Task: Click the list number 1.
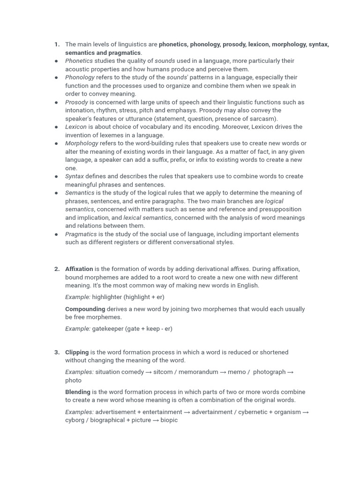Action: (57, 45)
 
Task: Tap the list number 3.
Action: (57, 352)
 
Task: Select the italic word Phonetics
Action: (79, 61)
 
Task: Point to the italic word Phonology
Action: (80, 77)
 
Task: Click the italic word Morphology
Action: (82, 143)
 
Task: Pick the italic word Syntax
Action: (75, 176)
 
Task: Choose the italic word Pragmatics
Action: (81, 234)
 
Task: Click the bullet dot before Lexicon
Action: (56, 127)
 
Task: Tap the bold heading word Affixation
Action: (79, 269)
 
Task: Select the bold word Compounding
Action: (85, 309)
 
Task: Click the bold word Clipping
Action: (76, 352)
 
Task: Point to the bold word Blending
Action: (77, 392)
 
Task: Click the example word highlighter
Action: (107, 297)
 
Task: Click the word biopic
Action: (169, 420)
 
